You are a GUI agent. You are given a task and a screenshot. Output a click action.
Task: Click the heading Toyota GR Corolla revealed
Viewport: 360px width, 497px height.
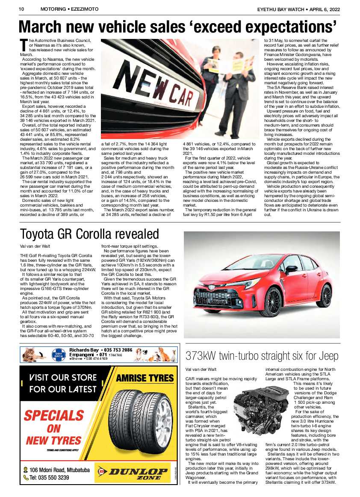pos(89,234)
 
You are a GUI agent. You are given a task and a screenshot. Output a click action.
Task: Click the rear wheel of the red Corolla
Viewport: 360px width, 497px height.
pos(326,295)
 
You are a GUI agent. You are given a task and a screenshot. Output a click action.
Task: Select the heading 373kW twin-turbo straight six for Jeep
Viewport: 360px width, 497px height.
pos(262,355)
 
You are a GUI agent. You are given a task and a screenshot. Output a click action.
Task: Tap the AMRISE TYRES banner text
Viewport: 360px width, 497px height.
pos(145,378)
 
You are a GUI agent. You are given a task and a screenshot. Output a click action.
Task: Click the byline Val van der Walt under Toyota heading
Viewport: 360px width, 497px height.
pos(36,246)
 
